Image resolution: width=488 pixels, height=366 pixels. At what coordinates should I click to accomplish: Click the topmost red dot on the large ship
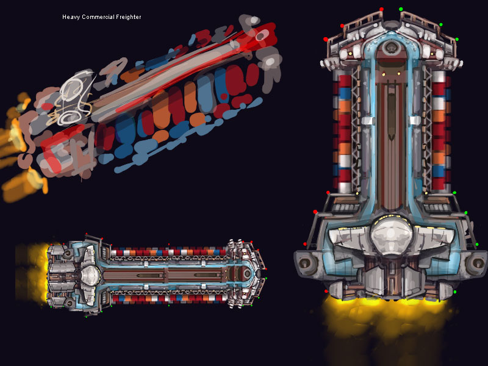coord(382,9)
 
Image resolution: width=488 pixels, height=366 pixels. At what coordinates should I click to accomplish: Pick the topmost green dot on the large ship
coord(401,9)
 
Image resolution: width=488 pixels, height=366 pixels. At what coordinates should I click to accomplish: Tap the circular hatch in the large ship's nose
coord(391,48)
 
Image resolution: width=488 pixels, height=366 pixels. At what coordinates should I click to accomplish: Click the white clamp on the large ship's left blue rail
coord(368,121)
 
